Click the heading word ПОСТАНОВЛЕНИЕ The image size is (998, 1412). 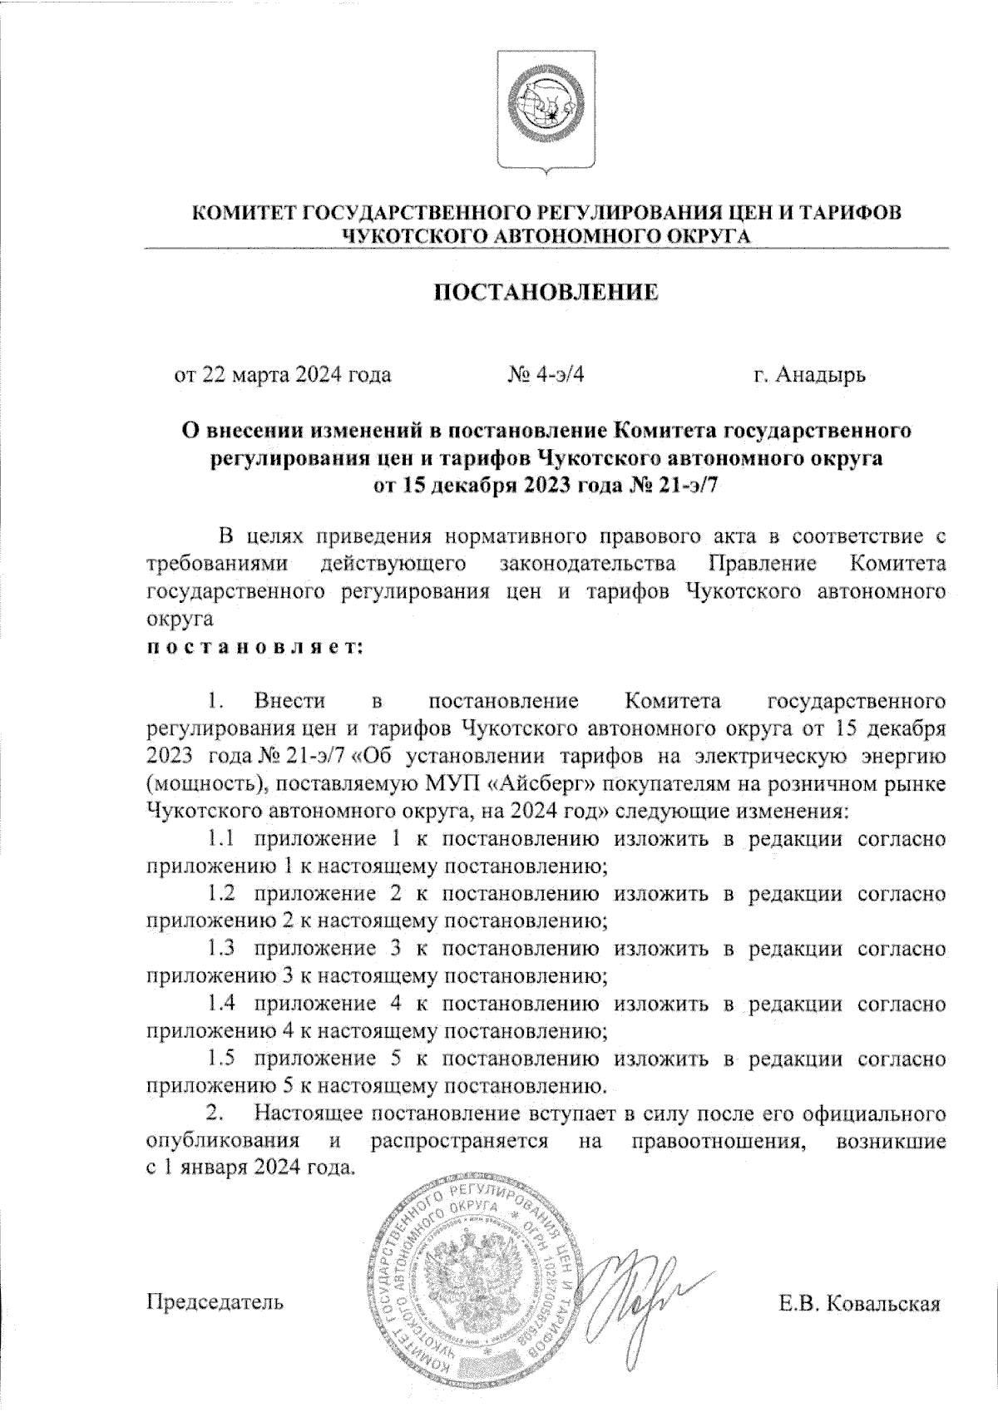pos(547,292)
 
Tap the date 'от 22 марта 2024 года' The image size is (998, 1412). pos(282,375)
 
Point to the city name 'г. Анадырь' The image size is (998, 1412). pos(809,375)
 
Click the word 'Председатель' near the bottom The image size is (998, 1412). pos(215,1301)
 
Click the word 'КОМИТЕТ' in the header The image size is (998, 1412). pos(244,214)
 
